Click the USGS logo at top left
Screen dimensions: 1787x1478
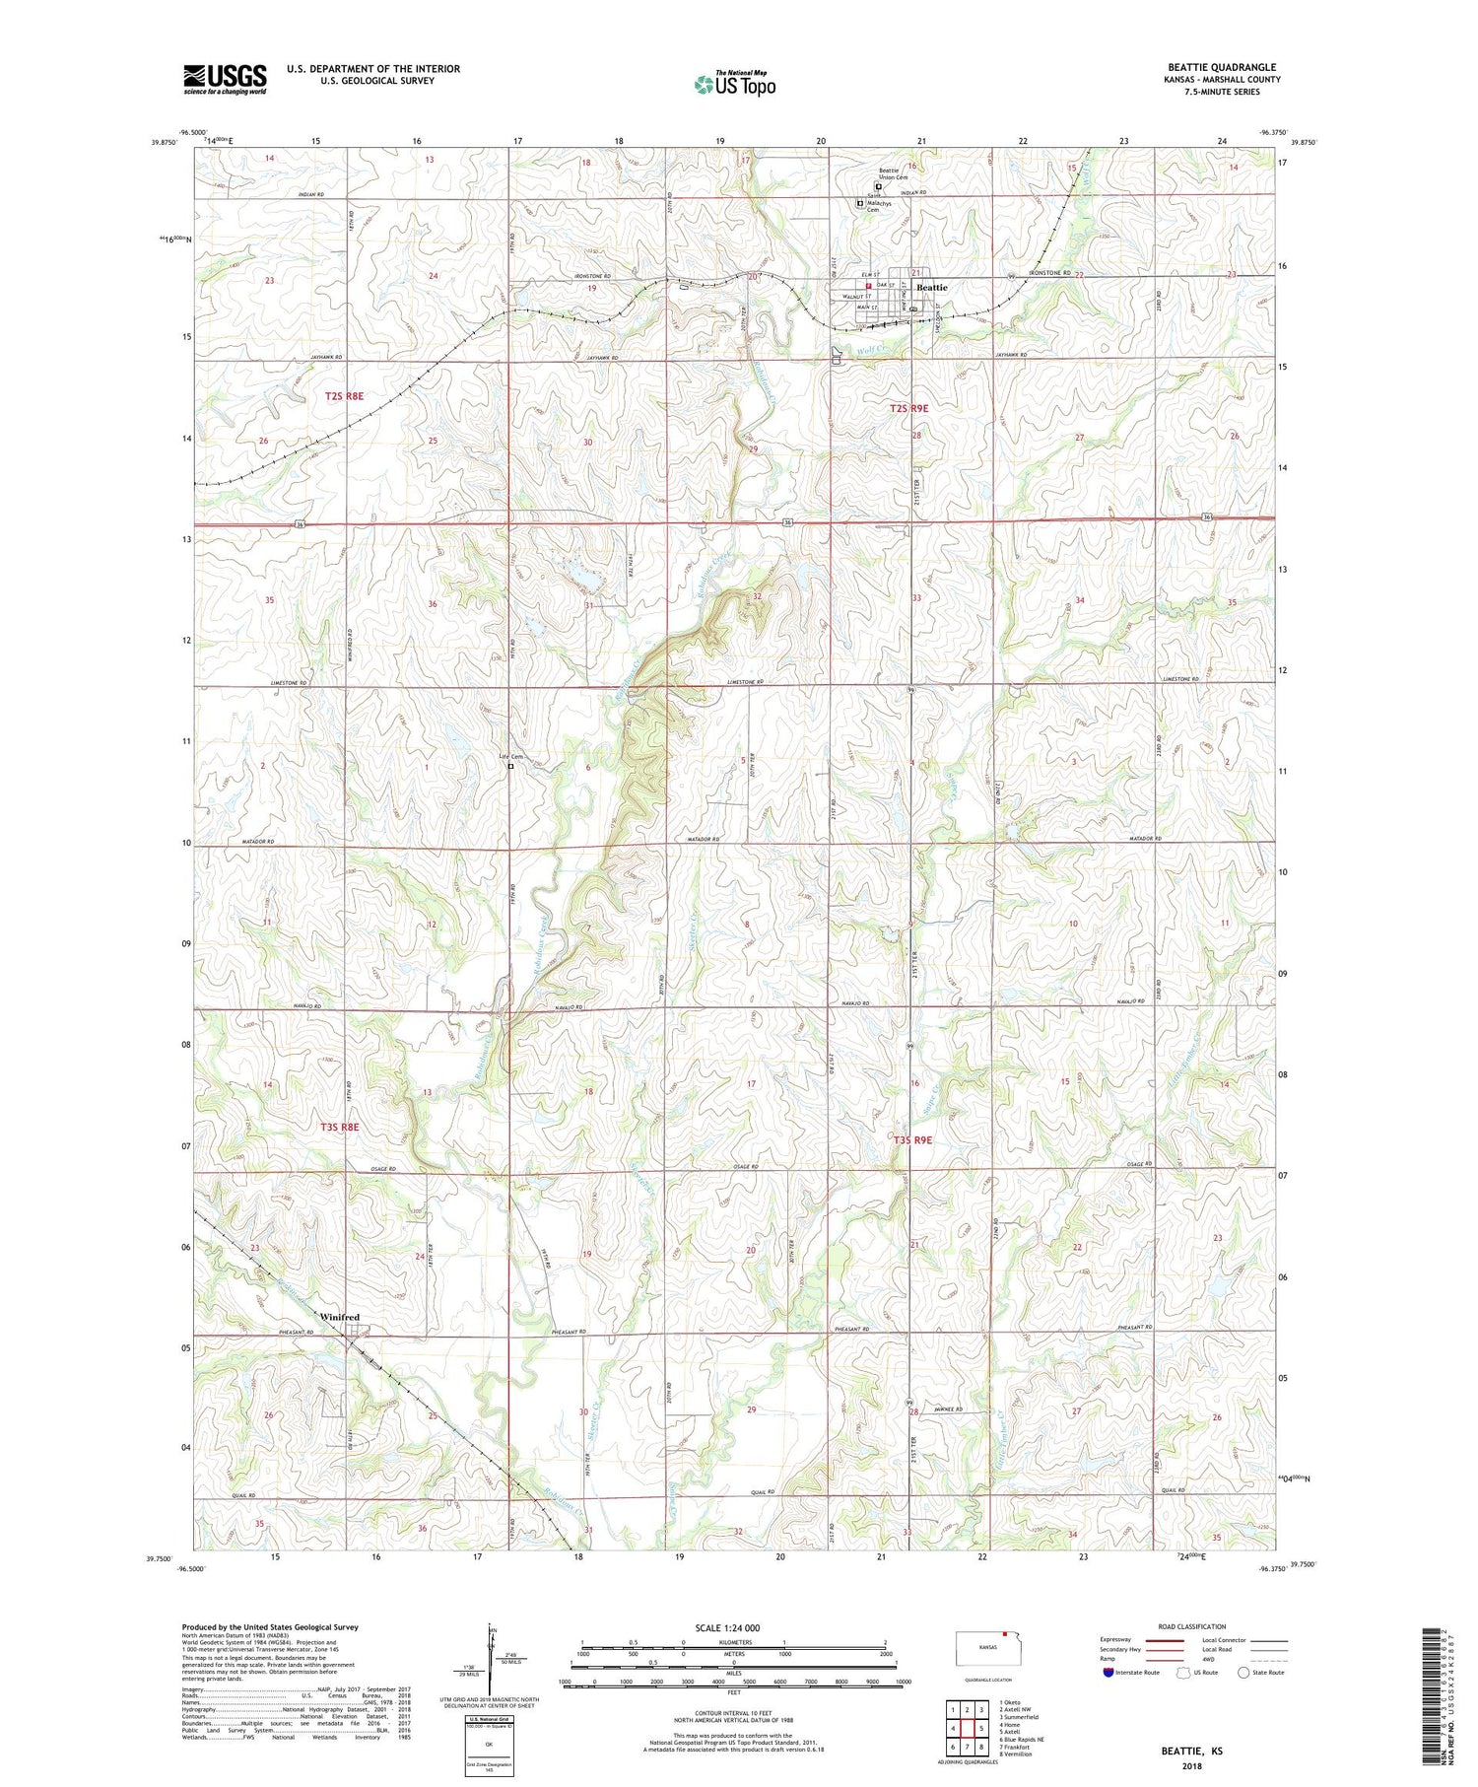[x=225, y=78]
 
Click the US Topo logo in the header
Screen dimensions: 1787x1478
[x=734, y=85]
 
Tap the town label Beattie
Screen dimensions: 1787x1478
[x=931, y=287]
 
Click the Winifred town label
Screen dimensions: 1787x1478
[x=339, y=1317]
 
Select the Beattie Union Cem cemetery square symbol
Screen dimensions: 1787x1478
[x=879, y=185]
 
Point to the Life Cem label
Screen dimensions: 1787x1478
[x=509, y=757]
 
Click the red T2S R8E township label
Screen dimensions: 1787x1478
[x=344, y=395]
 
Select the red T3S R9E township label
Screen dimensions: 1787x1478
[x=912, y=1139]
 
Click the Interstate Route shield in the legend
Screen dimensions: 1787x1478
[x=1108, y=1673]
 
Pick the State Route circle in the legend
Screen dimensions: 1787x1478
[x=1244, y=1673]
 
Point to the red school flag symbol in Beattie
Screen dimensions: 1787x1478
[x=868, y=287]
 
